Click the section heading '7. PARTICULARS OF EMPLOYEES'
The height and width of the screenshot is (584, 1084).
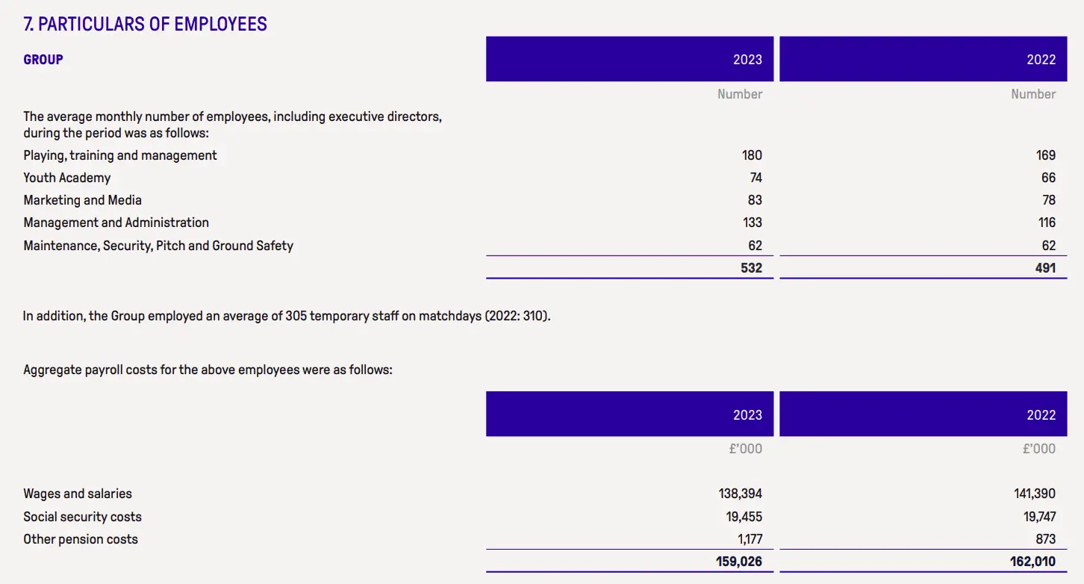[145, 24]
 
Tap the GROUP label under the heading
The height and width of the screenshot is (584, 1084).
[43, 60]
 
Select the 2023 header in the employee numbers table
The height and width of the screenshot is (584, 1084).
[747, 60]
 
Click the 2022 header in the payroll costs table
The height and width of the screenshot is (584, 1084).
[1041, 415]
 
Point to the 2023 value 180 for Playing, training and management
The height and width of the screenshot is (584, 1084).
[752, 155]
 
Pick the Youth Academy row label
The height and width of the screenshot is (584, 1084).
[67, 178]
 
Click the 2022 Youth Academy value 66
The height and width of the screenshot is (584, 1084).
[1048, 178]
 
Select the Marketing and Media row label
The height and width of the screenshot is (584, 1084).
[82, 200]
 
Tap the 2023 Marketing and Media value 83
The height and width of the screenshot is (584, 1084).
[754, 200]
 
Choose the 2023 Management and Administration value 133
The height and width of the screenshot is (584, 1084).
[752, 223]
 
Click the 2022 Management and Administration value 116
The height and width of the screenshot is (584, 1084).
[1047, 223]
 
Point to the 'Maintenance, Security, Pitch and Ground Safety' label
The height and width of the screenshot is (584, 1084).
[158, 246]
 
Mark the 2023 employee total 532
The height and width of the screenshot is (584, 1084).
[752, 267]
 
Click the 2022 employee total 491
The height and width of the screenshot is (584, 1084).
[1045, 267]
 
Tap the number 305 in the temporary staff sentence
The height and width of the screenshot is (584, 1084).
[296, 316]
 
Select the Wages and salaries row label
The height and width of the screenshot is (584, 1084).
[78, 494]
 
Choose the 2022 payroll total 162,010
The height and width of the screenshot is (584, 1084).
[1032, 561]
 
